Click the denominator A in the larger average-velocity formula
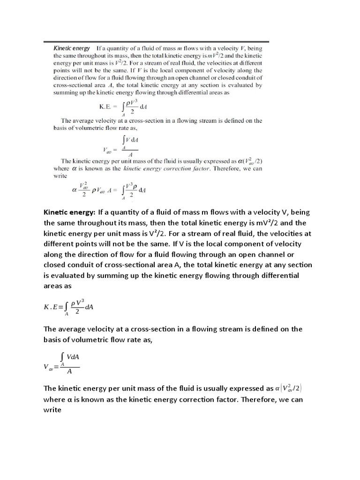pyautogui.click(x=69, y=372)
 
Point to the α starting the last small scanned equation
pyautogui.click(x=74, y=190)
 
